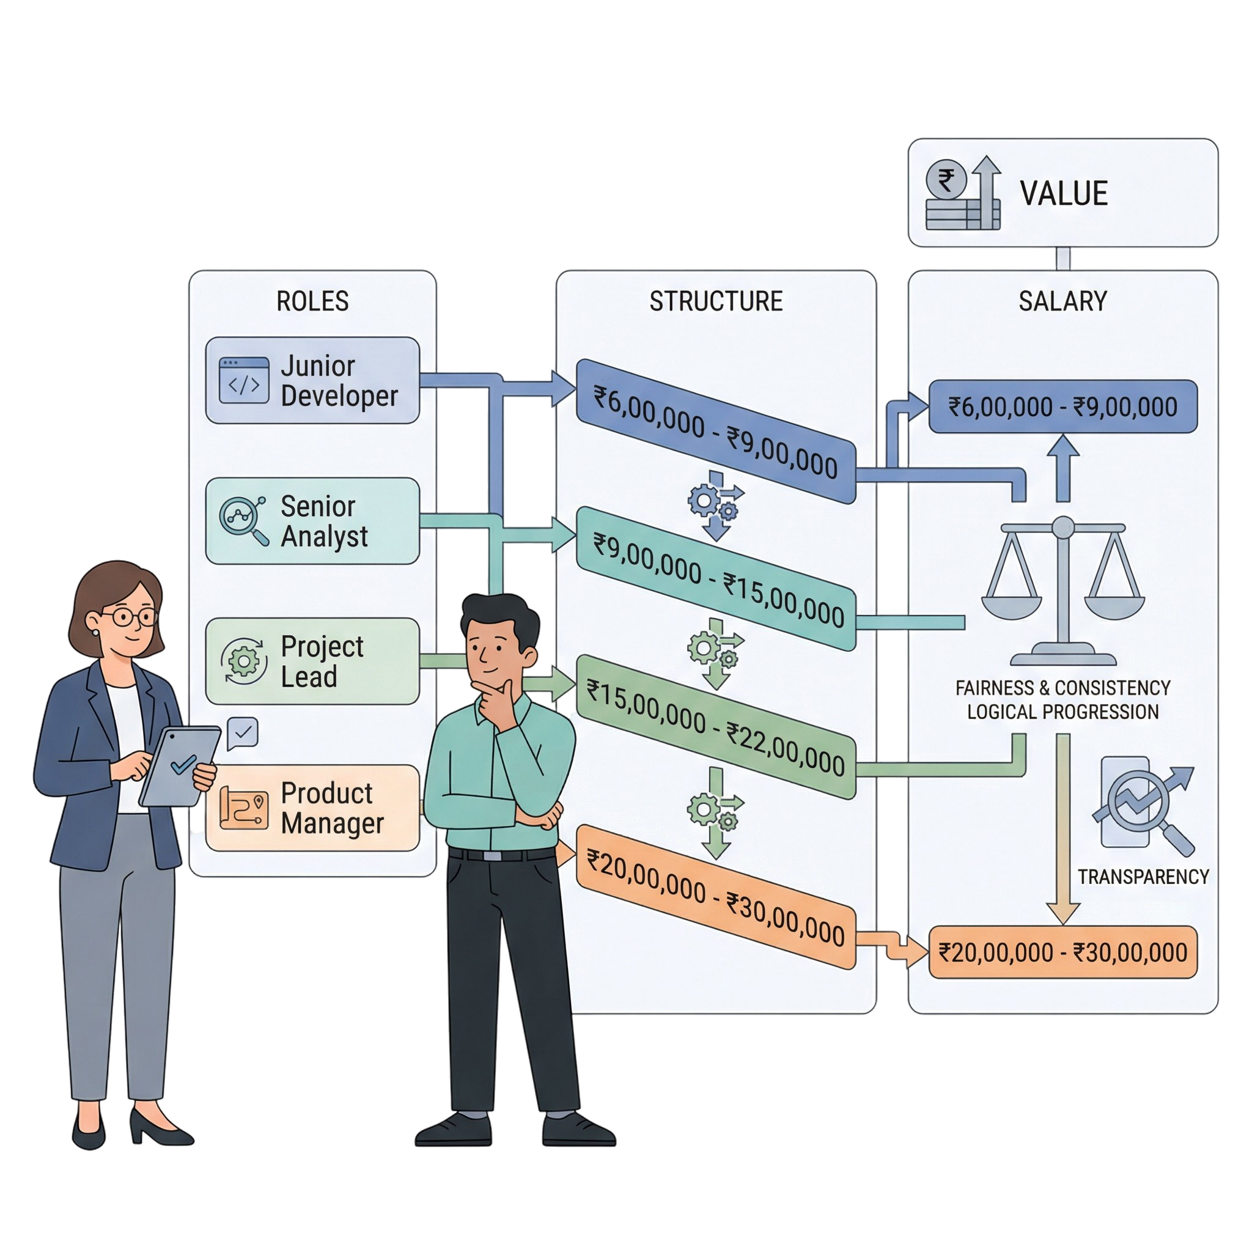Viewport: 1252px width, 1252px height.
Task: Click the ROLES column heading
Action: coord(312,301)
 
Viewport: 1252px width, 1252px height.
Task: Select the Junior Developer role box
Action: coord(312,380)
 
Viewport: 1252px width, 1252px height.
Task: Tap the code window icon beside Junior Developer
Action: coord(244,380)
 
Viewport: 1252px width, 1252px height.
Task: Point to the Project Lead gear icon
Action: coord(244,661)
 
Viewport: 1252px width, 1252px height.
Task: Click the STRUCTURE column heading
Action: coord(716,301)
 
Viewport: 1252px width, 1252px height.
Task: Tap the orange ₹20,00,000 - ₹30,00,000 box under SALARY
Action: coord(1062,952)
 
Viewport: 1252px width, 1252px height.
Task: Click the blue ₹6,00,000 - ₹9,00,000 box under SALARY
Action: coord(1062,407)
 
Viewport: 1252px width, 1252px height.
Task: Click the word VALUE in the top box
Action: coord(1064,193)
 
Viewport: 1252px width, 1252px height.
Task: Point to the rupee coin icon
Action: coord(947,180)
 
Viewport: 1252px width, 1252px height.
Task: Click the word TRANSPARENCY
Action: coord(1143,877)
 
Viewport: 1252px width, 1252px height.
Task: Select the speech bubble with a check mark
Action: coord(243,734)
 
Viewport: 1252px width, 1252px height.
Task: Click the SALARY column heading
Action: coord(1062,301)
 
